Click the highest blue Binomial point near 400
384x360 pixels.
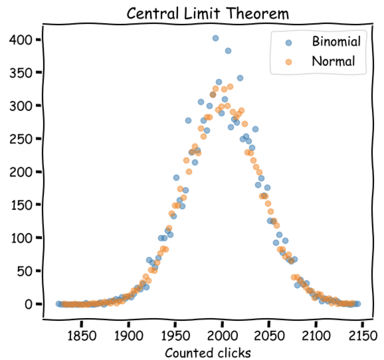tap(215, 38)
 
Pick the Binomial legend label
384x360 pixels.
tap(336, 42)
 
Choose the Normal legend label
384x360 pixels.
tap(333, 61)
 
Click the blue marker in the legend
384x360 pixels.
tap(289, 43)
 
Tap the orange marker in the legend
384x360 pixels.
tap(289, 62)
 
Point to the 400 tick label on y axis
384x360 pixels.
tap(20, 40)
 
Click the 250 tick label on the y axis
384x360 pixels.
tap(20, 139)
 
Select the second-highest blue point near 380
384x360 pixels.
tap(228, 51)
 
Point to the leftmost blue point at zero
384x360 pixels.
tap(59, 304)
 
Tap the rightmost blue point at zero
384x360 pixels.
tap(358, 304)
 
